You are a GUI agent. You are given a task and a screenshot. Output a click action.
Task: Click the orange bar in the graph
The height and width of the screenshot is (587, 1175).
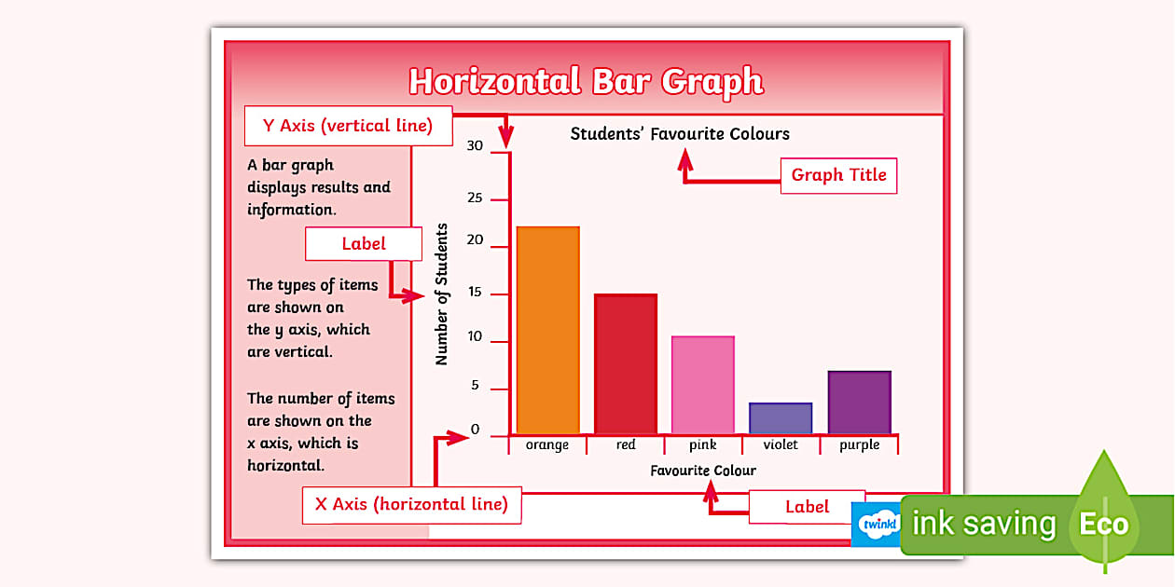click(547, 330)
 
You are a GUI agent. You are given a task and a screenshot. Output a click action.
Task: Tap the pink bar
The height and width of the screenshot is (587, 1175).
click(702, 385)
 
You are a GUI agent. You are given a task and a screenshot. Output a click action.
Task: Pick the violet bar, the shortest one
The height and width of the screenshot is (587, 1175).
click(781, 418)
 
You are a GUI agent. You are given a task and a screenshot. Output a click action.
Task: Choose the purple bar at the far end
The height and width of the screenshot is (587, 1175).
click(859, 403)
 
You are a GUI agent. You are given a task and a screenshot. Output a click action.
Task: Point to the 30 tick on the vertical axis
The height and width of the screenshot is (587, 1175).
click(476, 146)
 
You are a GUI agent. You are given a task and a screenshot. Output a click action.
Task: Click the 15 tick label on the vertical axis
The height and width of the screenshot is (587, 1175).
click(476, 293)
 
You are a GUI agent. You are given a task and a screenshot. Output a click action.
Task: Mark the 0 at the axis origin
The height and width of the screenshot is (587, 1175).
click(476, 430)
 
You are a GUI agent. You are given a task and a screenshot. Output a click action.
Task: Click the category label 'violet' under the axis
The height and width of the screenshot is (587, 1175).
click(781, 445)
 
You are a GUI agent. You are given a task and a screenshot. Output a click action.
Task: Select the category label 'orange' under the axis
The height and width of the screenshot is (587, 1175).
click(547, 445)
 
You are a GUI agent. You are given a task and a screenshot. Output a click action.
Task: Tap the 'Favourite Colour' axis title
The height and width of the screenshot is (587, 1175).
click(703, 471)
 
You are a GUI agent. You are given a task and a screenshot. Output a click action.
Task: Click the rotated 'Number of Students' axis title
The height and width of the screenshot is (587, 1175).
click(442, 294)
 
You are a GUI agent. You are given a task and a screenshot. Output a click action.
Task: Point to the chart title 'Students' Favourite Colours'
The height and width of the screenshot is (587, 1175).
click(680, 134)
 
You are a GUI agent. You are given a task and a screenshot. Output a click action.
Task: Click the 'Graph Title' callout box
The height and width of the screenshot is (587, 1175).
click(838, 175)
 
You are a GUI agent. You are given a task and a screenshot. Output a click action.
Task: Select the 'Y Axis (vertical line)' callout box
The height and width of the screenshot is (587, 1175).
click(349, 127)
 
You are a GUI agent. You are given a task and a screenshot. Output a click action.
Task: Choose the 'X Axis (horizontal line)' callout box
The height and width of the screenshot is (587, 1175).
click(411, 505)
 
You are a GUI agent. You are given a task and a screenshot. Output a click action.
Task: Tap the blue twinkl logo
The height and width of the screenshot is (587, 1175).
click(878, 525)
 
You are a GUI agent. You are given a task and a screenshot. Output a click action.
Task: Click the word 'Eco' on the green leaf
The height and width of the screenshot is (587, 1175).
click(1104, 524)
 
